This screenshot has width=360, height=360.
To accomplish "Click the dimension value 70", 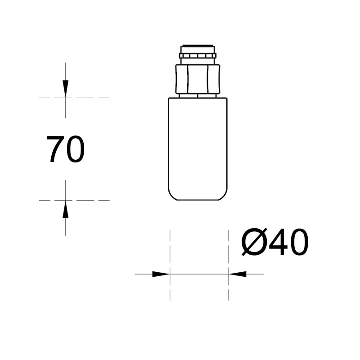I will point(65,149).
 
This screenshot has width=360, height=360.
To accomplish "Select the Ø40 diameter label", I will point(274,243).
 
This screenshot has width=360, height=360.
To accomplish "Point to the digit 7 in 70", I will point(55,149).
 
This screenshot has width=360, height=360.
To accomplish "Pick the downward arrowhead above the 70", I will point(66,88).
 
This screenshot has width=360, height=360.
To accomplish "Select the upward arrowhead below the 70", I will point(66,210).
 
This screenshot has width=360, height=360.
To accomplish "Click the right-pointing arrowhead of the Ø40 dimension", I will point(161,274).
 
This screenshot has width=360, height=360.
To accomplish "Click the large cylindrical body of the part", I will point(198,148).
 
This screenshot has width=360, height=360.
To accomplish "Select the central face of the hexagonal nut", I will point(198,79).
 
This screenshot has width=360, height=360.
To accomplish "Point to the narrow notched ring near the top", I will point(198,56).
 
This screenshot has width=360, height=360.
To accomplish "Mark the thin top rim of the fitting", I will point(198,46).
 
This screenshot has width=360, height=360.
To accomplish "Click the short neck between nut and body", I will point(198,95).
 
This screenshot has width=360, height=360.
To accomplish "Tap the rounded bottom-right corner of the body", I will point(224,196).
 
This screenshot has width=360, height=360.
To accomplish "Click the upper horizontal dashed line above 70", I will point(90,98).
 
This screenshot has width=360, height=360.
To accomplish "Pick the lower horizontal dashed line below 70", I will point(90,200).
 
